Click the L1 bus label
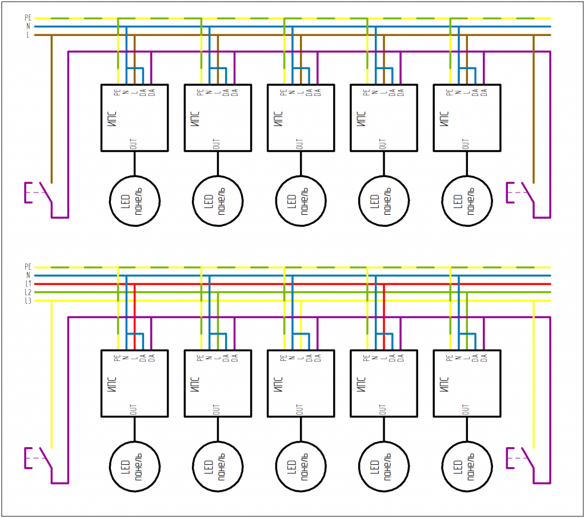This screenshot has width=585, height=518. (x=28, y=284)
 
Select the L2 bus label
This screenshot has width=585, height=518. (x=28, y=292)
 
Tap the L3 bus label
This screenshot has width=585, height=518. (x=28, y=301)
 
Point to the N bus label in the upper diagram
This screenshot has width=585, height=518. (x=28, y=26)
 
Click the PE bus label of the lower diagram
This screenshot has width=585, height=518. (x=28, y=267)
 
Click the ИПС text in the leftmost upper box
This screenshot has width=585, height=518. (x=113, y=119)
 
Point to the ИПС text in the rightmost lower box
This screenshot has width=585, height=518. (x=444, y=384)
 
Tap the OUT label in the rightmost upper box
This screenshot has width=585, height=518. (x=465, y=144)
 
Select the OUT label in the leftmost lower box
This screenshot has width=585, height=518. (x=133, y=409)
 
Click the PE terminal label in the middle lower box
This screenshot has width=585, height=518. (x=283, y=358)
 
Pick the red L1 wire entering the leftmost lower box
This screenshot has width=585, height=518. (x=135, y=317)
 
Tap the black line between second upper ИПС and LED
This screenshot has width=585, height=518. (x=218, y=163)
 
